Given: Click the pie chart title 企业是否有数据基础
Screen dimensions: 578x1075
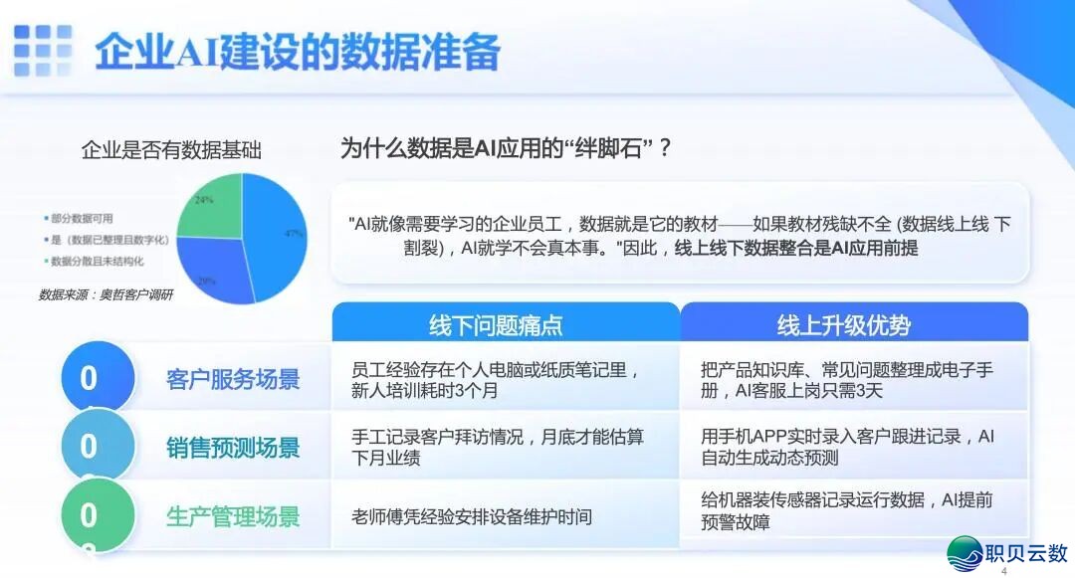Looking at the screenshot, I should pyautogui.click(x=171, y=151).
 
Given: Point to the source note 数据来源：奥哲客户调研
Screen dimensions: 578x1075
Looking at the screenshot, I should pyautogui.click(x=106, y=294).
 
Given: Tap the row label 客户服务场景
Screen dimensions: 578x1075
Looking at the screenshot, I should pyautogui.click(x=233, y=379).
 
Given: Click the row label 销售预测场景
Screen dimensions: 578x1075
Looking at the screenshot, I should pyautogui.click(x=233, y=448).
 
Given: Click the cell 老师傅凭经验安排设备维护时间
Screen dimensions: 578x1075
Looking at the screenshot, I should pyautogui.click(x=472, y=517).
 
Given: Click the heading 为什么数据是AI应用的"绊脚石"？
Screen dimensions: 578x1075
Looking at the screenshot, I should pyautogui.click(x=507, y=149).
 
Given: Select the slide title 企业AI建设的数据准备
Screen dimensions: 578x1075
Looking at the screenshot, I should pyautogui.click(x=297, y=52).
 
